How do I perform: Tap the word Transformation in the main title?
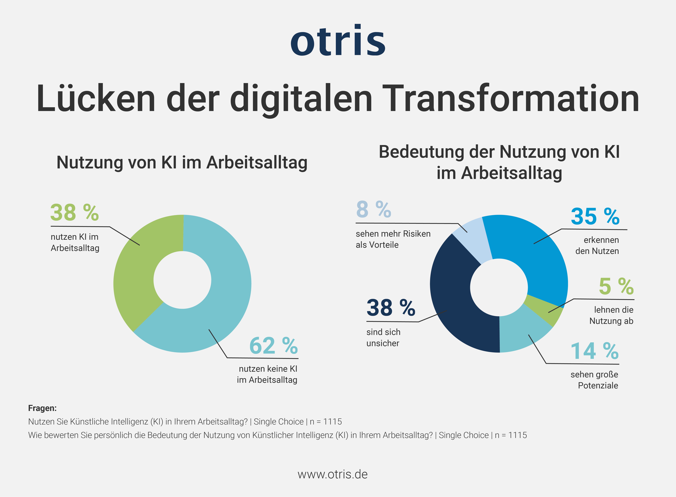pyautogui.click(x=512, y=99)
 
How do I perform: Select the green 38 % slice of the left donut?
pyautogui.click(x=135, y=271)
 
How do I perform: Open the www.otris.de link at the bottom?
pyautogui.click(x=332, y=474)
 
